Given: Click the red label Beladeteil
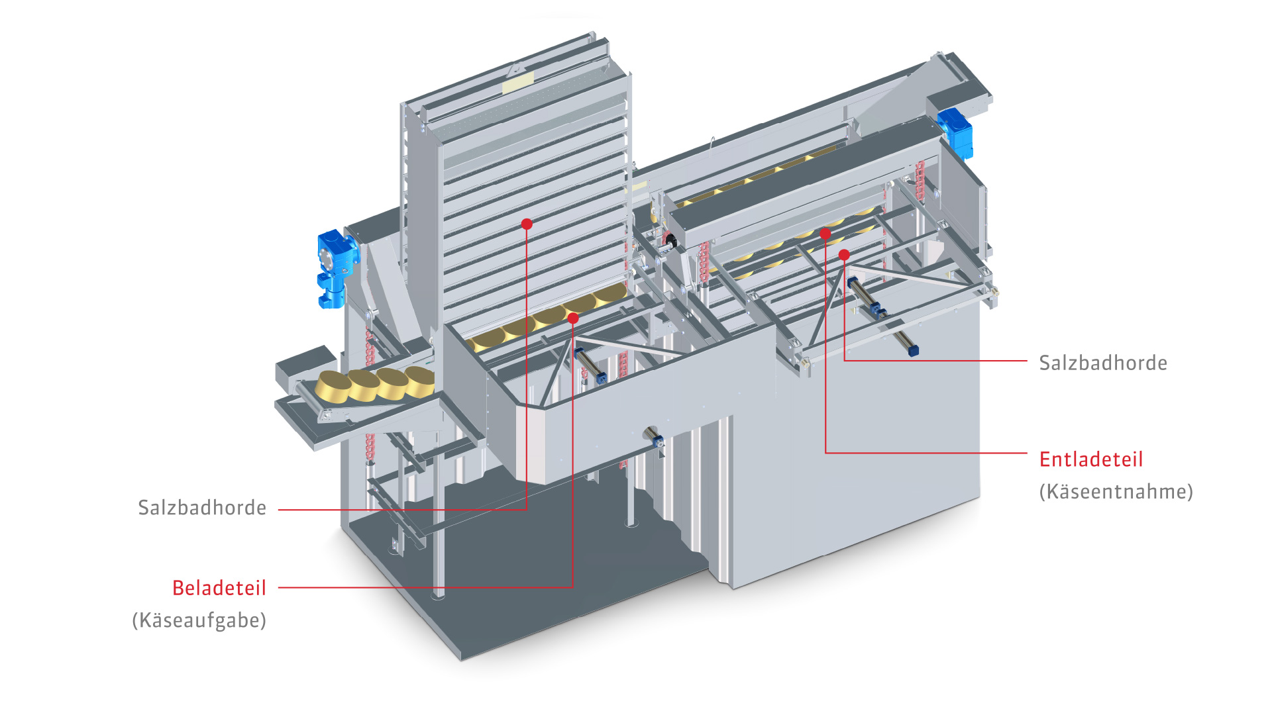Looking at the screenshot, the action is (x=219, y=588).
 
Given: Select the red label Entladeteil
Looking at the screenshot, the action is (x=1091, y=459).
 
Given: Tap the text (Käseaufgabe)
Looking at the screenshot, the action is (x=199, y=620).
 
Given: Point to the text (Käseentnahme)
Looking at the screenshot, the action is (x=1116, y=492).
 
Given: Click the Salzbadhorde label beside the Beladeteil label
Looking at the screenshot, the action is (x=202, y=508).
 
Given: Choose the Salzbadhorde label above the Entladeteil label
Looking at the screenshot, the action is (x=1103, y=363).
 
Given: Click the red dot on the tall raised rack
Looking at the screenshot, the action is (x=527, y=224).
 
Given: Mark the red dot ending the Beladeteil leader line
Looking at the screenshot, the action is (x=573, y=319).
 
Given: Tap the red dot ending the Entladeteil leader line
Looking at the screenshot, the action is (x=825, y=234).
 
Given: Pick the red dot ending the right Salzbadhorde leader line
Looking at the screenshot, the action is (x=844, y=255).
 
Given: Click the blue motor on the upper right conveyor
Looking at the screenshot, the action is (x=955, y=132).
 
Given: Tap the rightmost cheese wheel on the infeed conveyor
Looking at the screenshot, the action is (x=420, y=381).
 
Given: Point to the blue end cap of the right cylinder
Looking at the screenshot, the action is (x=913, y=351).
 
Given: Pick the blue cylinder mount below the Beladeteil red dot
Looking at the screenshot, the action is (x=600, y=378).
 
